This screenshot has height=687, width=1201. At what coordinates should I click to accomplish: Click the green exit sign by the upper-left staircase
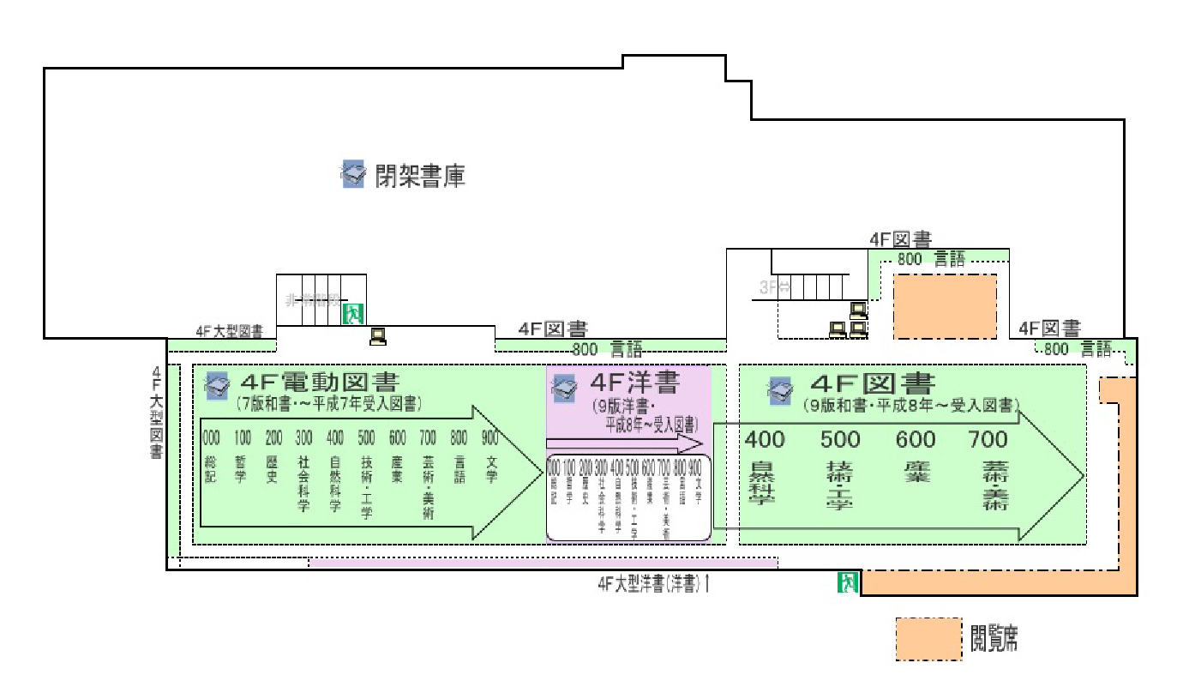(x=353, y=313)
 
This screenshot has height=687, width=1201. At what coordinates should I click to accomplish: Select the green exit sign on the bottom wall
(x=848, y=583)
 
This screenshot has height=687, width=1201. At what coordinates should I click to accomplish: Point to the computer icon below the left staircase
(x=377, y=336)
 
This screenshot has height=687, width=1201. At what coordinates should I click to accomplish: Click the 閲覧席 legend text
(x=994, y=638)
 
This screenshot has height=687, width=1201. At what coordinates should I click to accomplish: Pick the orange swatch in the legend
(x=928, y=639)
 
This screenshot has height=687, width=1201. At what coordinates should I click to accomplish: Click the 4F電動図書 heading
(x=321, y=382)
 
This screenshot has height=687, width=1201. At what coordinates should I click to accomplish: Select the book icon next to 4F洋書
(x=565, y=389)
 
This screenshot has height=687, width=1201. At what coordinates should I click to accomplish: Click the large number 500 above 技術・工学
(x=840, y=440)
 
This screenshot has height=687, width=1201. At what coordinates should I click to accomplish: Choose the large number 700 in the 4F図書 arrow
(x=988, y=440)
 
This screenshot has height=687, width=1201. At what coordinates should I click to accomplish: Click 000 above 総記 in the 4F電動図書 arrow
(x=211, y=438)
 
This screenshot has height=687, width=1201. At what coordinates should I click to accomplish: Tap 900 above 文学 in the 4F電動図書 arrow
(x=490, y=438)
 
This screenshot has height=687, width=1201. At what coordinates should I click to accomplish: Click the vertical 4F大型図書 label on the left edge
(x=157, y=412)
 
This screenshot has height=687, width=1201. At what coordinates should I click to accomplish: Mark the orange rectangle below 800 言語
(x=946, y=306)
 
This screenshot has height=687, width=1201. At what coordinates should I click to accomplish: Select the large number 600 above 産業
(x=916, y=440)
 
